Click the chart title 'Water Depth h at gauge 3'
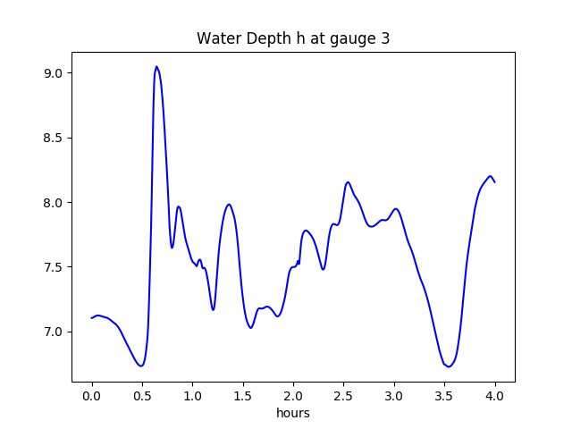pos(293,38)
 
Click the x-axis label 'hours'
pos(293,414)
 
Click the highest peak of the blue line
pos(156,66)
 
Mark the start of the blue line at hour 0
pos(92,318)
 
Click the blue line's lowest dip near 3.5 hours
pos(449,366)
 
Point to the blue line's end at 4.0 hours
pos(494,181)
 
